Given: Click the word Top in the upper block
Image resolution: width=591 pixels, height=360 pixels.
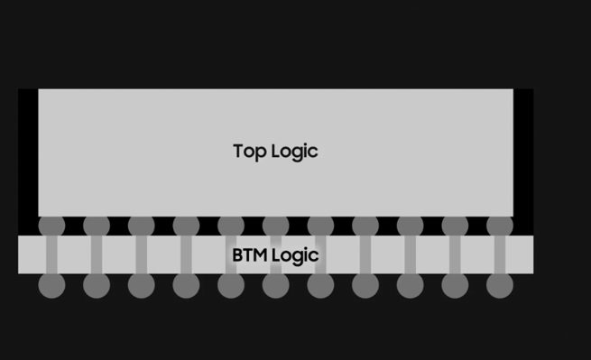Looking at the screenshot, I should (x=248, y=152).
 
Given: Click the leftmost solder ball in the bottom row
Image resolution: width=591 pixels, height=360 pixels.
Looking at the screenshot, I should (x=51, y=285).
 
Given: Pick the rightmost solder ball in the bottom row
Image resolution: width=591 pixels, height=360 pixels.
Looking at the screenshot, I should (x=499, y=285).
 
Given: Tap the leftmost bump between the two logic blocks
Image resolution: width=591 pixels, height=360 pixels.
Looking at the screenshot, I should (x=51, y=226).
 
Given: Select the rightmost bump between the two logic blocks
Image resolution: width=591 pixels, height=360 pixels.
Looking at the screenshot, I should (x=499, y=226).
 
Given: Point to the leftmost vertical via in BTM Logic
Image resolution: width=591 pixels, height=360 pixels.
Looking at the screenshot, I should (x=51, y=254).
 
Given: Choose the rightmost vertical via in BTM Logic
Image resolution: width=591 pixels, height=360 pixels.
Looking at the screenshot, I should (x=499, y=254).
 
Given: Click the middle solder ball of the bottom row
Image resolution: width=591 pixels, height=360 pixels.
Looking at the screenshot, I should (x=275, y=285).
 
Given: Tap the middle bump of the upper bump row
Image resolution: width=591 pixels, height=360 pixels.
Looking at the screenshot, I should (x=275, y=226).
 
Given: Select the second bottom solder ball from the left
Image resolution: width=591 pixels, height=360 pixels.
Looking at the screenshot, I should (x=97, y=285).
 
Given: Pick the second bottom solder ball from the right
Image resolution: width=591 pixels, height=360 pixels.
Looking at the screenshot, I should (x=455, y=285).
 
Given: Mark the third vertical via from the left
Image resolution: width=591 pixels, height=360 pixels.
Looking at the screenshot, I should (x=141, y=254).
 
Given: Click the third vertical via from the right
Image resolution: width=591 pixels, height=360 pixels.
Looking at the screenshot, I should (x=410, y=254).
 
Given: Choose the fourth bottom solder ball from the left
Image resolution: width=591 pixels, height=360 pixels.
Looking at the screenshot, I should (x=186, y=285).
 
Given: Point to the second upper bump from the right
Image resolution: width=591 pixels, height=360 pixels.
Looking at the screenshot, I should (x=455, y=226).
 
